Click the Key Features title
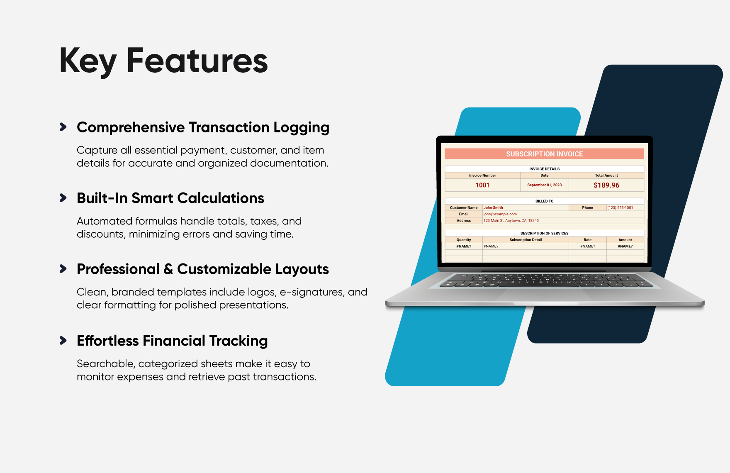164,61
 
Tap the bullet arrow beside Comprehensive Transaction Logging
63,127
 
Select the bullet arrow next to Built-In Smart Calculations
63,198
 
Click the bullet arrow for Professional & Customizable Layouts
63,269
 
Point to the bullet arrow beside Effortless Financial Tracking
63,341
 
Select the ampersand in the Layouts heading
168,269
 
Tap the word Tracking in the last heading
238,341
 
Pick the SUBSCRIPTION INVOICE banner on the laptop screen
544,154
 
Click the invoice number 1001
482,185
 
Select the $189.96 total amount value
606,185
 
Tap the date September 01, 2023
545,185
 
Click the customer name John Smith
493,207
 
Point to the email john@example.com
500,214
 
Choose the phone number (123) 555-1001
620,207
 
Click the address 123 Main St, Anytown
511,221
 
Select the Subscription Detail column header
526,240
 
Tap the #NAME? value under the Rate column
588,246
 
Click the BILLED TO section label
544,201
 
